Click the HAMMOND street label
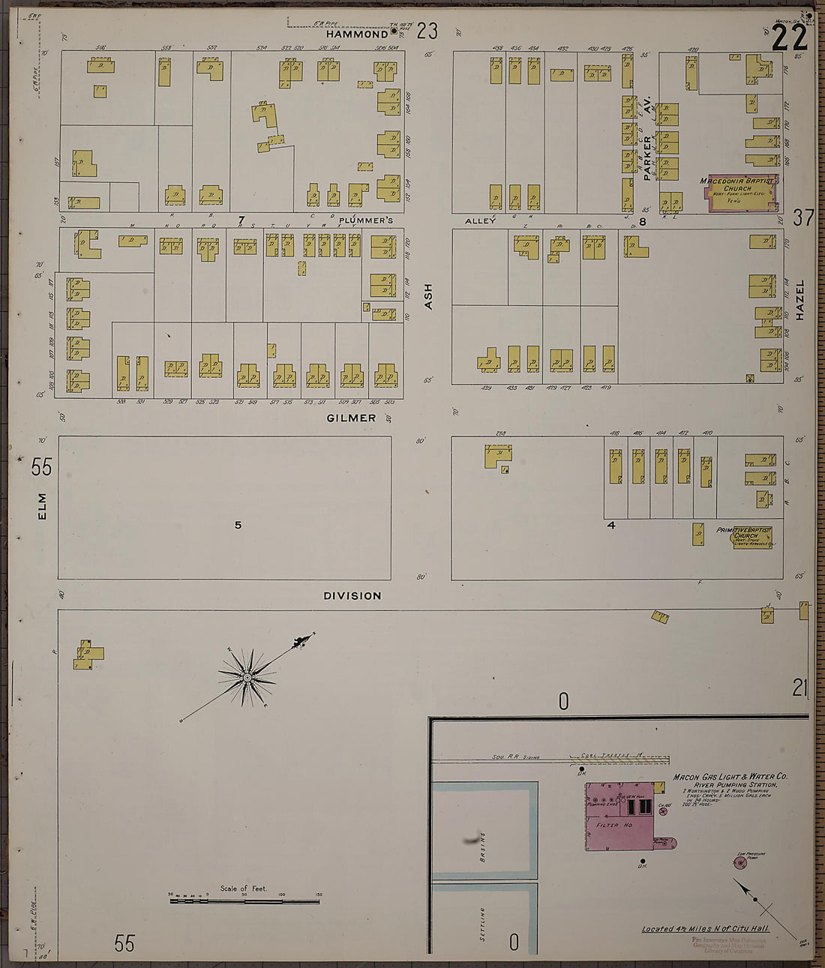tap(357, 34)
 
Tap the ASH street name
tap(428, 295)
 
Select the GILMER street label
tap(351, 418)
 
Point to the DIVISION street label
tap(352, 595)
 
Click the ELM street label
tap(42, 505)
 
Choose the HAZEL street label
tap(799, 300)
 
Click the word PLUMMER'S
tap(365, 220)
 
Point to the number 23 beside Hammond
tap(427, 31)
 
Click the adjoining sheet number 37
tap(802, 217)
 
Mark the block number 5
tap(238, 525)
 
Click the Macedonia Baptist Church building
tap(739, 193)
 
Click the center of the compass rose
tap(247, 678)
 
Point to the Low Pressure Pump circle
tap(740, 862)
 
